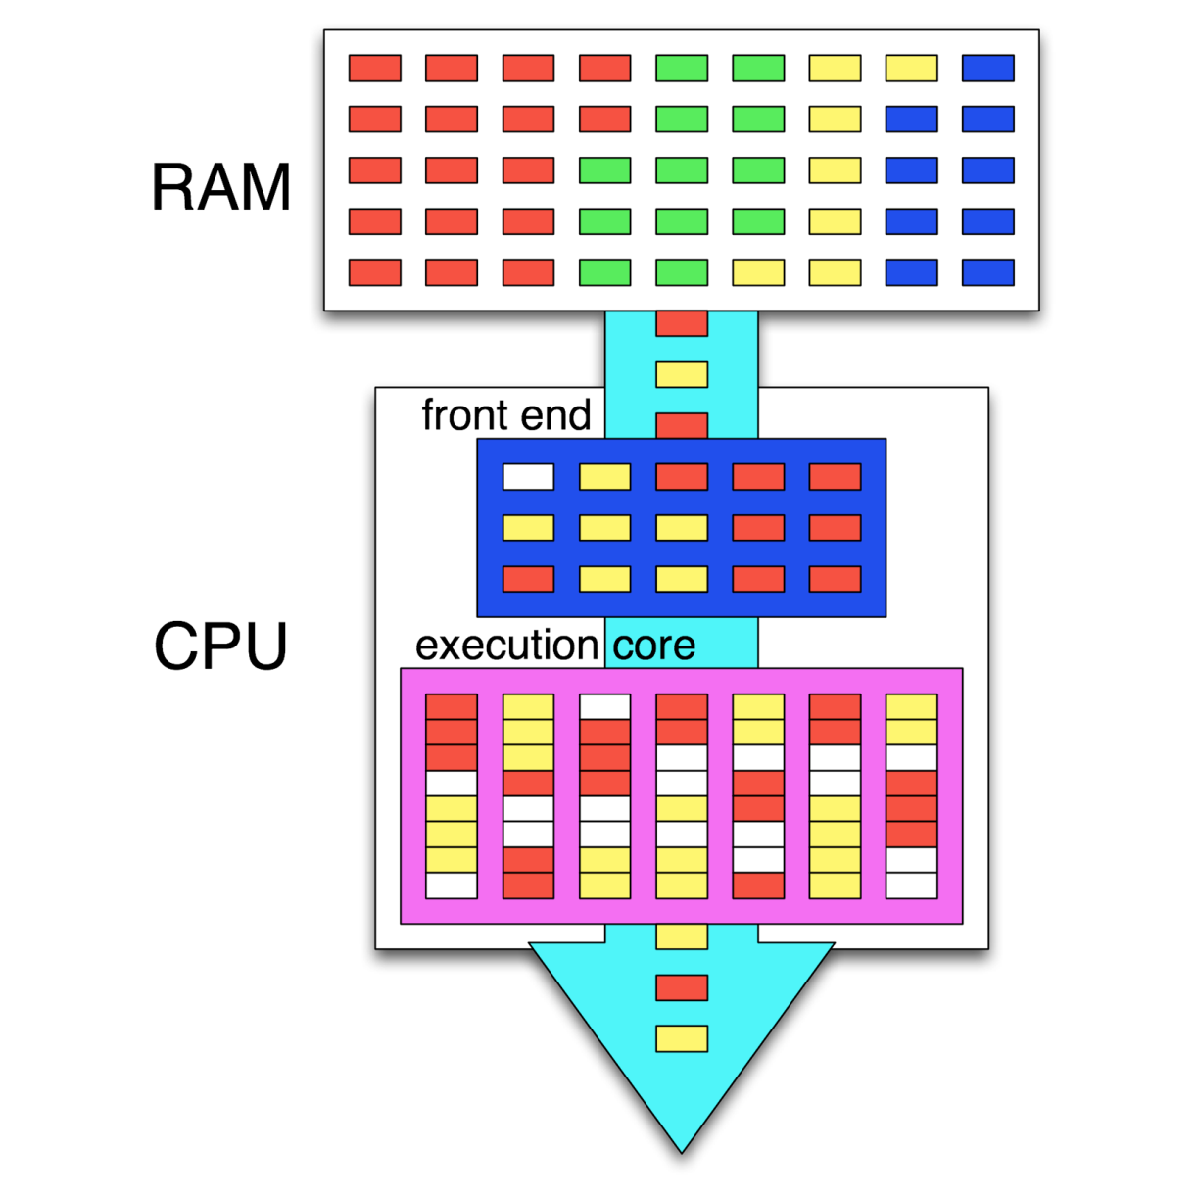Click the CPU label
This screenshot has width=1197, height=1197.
pyautogui.click(x=221, y=646)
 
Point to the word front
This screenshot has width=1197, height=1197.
pyautogui.click(x=462, y=415)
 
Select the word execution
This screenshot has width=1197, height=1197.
pyautogui.click(x=506, y=646)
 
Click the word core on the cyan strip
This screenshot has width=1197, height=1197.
pyautogui.click(x=654, y=646)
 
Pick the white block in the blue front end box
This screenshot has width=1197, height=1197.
pyautogui.click(x=528, y=477)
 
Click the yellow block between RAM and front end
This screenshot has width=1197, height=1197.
pyautogui.click(x=682, y=374)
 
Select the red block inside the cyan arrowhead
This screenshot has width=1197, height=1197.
pyautogui.click(x=682, y=987)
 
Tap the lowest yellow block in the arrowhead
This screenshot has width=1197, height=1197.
pyautogui.click(x=682, y=1038)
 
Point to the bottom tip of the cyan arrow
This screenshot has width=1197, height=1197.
pyautogui.click(x=682, y=1150)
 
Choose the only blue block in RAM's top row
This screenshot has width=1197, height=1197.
pyautogui.click(x=987, y=68)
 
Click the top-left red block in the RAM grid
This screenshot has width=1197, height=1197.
pyautogui.click(x=375, y=68)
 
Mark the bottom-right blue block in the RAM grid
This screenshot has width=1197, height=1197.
pyautogui.click(x=987, y=272)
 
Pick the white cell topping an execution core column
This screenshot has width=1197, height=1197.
pyautogui.click(x=604, y=706)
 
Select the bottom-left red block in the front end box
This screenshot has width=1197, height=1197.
pyautogui.click(x=528, y=579)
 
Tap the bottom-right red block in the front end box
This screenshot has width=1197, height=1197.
pyautogui.click(x=835, y=579)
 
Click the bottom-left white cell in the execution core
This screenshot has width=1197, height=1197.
pyautogui.click(x=452, y=886)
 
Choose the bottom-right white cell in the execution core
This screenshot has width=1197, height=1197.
pyautogui.click(x=911, y=886)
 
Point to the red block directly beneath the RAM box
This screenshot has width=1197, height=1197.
pyautogui.click(x=682, y=323)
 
